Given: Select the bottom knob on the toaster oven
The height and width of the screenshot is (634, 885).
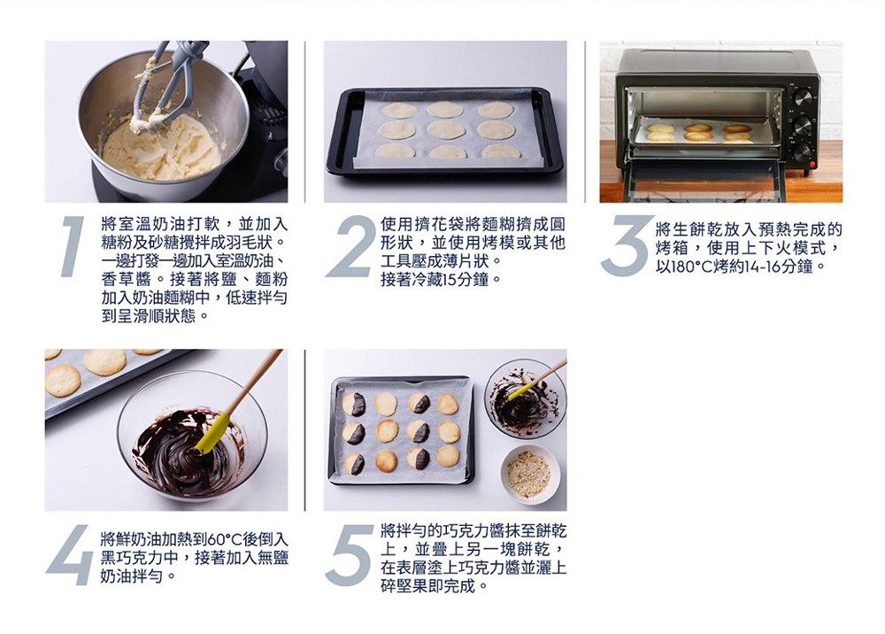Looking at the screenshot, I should (803, 152).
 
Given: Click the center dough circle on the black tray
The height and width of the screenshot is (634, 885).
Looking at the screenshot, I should (446, 130).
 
